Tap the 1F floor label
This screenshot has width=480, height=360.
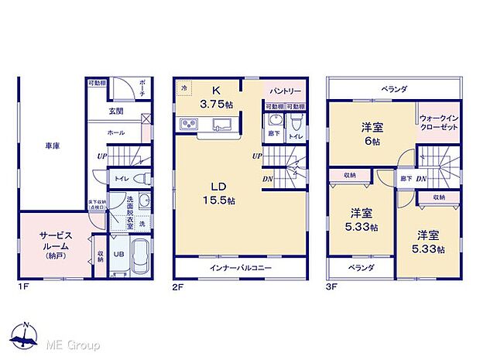click(x=23, y=285)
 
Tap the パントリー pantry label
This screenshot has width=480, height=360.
click(x=283, y=91)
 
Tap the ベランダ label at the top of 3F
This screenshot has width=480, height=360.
click(x=394, y=89)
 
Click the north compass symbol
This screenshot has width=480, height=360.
click(x=26, y=335)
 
